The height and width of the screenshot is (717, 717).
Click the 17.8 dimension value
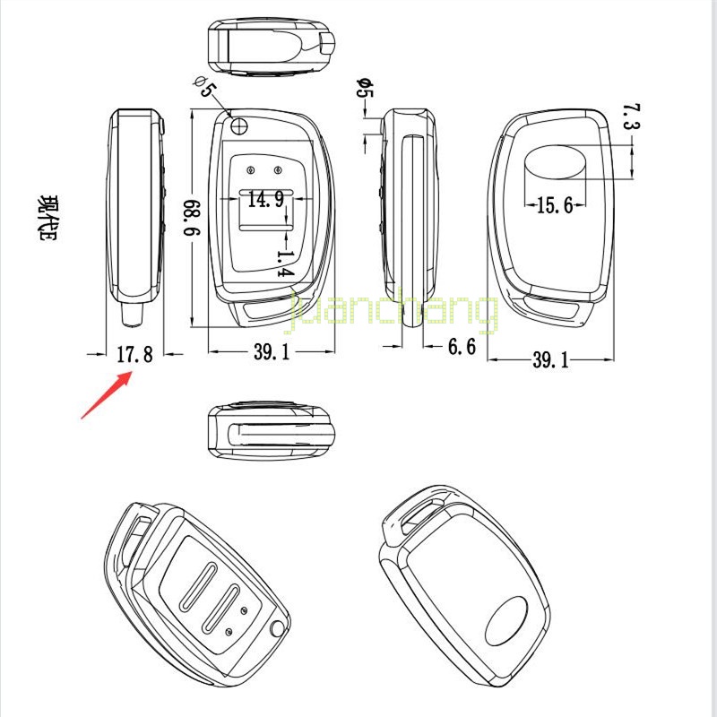(135, 355)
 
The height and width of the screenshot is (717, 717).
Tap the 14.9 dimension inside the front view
(265, 199)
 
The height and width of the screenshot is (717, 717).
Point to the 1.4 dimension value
(285, 263)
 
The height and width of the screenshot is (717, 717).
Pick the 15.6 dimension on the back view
(554, 206)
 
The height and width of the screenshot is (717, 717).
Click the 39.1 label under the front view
(271, 353)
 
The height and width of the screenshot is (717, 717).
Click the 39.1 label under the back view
(550, 360)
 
